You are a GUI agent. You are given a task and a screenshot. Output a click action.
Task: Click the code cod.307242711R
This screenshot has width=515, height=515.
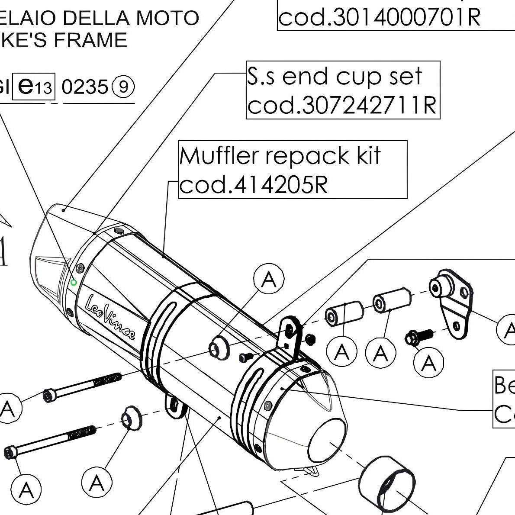[342, 105]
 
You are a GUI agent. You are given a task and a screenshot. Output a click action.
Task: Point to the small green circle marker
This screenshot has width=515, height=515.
[74, 283]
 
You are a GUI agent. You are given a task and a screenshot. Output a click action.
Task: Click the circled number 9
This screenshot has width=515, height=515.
[123, 87]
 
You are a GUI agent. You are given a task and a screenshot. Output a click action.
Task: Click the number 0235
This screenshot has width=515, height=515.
[84, 87]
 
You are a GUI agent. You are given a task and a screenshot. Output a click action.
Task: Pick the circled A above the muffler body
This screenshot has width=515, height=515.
[269, 280]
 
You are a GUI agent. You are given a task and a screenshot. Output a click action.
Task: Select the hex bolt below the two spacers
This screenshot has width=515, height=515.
[419, 336]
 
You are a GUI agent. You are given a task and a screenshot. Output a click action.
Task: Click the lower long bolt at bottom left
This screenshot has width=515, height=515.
[50, 441]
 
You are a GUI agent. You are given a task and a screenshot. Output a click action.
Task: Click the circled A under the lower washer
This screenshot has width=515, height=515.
[97, 482]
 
